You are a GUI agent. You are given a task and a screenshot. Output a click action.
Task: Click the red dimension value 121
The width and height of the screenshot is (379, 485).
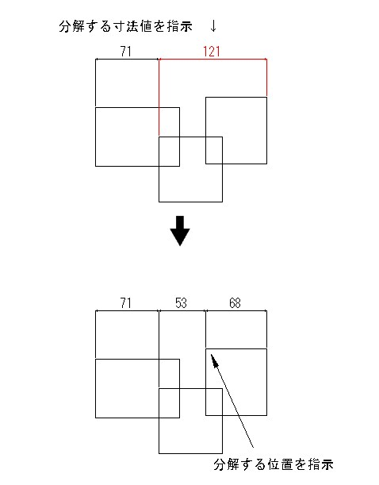tap(211, 52)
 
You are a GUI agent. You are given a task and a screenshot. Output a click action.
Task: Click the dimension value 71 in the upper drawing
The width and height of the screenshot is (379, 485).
tap(126, 52)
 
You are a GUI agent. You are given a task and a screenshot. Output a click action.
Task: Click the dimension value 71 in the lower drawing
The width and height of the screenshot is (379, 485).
tap(126, 302)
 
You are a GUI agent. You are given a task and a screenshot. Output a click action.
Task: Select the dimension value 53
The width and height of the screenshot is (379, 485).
tap(181, 302)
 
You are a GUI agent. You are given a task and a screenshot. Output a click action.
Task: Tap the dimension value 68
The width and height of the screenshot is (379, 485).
tap(235, 302)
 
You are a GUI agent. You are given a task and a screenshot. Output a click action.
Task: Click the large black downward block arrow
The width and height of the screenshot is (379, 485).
tap(180, 231)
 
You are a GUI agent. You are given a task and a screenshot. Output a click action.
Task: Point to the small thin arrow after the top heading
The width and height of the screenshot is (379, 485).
tap(213, 26)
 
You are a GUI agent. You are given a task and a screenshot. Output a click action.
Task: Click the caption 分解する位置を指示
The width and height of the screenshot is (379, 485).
tap(274, 464)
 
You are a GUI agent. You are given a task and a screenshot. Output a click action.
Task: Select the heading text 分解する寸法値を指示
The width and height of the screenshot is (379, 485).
tap(126, 26)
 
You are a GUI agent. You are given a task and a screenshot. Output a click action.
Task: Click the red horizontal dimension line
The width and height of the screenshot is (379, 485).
tap(212, 59)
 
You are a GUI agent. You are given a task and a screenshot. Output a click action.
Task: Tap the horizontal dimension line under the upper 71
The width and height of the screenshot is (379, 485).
tap(127, 59)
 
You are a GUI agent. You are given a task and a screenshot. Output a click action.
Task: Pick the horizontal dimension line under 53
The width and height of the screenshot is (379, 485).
tap(182, 310)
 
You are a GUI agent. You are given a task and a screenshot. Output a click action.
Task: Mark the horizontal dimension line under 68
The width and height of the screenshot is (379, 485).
tap(236, 310)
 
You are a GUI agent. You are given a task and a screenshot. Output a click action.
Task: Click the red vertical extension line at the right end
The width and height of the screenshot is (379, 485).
tap(266, 77)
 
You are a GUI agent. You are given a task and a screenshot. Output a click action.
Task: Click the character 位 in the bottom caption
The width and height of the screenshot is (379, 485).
tap(274, 464)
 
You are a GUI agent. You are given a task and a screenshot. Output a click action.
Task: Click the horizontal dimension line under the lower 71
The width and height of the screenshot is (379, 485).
tap(127, 310)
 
